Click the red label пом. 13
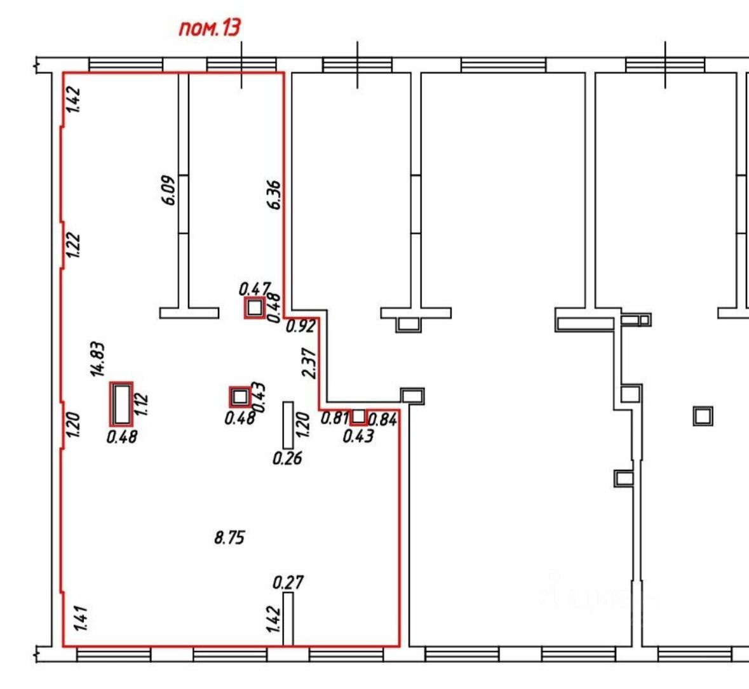tap(210, 29)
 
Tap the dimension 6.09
tap(169, 189)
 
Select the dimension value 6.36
tap(274, 194)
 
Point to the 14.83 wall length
tap(98, 359)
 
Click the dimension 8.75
tap(229, 538)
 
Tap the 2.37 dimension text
tap(310, 363)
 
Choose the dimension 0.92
tap(300, 327)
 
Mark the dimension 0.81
tap(334, 418)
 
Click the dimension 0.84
tap(383, 419)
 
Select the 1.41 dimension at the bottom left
tap(81, 619)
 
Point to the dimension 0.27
tap(288, 582)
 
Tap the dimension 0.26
tap(287, 458)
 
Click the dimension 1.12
tap(141, 404)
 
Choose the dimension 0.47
tap(255, 289)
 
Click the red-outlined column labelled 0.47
tap(255, 308)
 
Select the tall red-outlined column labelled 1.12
tap(121, 404)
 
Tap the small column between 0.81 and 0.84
tap(359, 417)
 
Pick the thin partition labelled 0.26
tap(288, 425)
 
